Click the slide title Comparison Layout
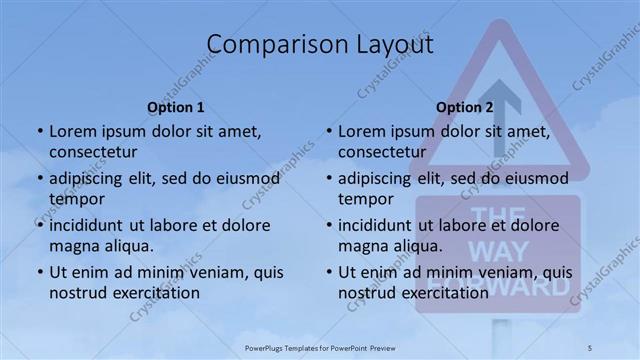coord(320,45)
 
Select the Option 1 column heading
coord(176,107)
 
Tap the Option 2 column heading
coord(465,107)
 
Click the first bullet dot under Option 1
coord(39,131)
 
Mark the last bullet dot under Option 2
coord(328,272)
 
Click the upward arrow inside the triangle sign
coord(499,115)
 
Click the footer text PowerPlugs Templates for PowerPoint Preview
coord(320,346)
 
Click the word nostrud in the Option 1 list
coord(77,293)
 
